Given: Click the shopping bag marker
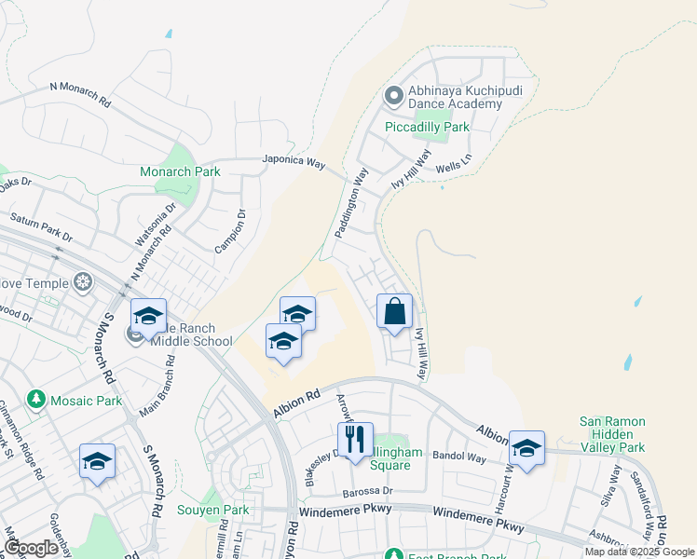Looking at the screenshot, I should tap(394, 311).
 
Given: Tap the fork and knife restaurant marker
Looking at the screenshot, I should tap(354, 440).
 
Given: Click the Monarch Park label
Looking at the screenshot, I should tap(180, 172).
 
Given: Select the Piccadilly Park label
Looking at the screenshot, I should tap(429, 127).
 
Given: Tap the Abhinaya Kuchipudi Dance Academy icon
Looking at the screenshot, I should tap(392, 95).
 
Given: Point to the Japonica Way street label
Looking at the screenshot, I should tap(294, 161).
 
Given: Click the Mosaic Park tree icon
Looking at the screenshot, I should tap(36, 400).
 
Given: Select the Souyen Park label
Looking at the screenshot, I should tap(213, 510).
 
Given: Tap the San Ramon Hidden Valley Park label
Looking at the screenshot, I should tap(611, 435).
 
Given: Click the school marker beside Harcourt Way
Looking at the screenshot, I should tap(526, 449).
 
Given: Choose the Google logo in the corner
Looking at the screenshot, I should tap(31, 549).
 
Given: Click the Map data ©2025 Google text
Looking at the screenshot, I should tap(639, 552).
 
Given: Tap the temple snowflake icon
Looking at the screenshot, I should tap(83, 282).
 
